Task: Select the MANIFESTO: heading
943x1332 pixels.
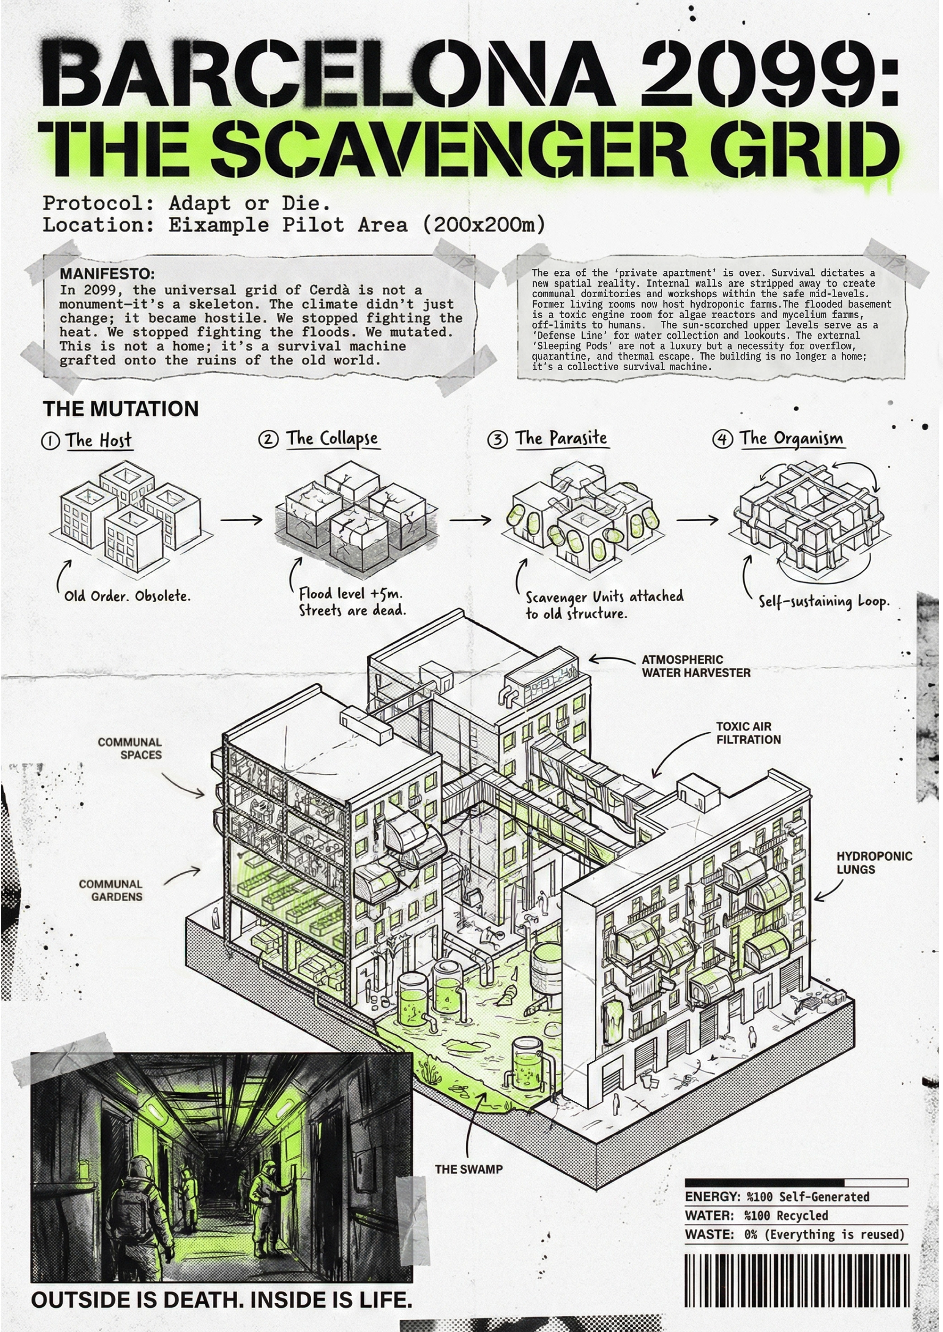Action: [107, 273]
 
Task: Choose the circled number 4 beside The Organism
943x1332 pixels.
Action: [722, 439]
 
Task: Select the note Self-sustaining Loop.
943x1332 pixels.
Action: [823, 601]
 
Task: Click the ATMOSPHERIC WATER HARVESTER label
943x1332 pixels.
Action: [695, 666]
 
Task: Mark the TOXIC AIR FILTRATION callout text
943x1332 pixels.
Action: [747, 733]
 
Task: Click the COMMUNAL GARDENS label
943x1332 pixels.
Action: [111, 890]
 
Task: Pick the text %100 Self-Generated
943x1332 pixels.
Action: [807, 1197]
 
